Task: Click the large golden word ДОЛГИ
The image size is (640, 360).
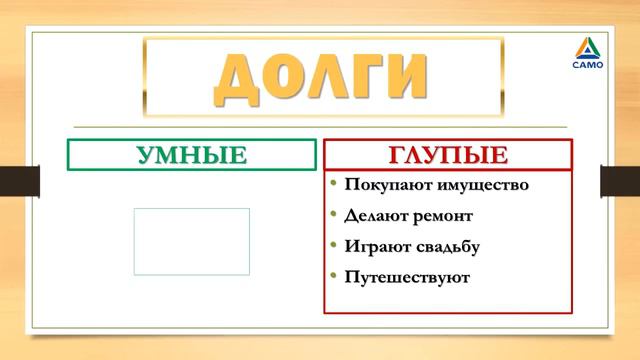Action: click(x=320, y=76)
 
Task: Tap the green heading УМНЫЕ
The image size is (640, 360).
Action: click(x=191, y=155)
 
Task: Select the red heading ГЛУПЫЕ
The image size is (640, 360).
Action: click(x=447, y=155)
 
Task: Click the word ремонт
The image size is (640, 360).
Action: click(x=442, y=215)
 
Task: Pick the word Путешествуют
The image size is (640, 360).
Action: click(x=407, y=275)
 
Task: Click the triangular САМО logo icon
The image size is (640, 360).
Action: click(x=589, y=45)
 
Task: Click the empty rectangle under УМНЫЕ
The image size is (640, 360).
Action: click(x=191, y=241)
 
